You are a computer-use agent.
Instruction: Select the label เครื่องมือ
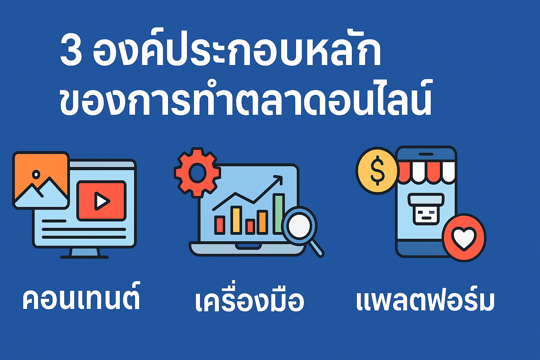(249, 301)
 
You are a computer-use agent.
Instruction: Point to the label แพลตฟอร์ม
(425, 300)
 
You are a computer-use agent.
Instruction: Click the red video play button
(101, 201)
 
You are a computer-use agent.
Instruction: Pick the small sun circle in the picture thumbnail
(36, 174)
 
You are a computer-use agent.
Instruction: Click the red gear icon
(197, 172)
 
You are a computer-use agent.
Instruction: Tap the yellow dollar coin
(377, 171)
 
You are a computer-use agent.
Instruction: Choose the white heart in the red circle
(464, 238)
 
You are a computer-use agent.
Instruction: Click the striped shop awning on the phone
(426, 172)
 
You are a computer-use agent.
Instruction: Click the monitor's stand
(84, 252)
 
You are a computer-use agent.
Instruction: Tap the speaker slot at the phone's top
(426, 154)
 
